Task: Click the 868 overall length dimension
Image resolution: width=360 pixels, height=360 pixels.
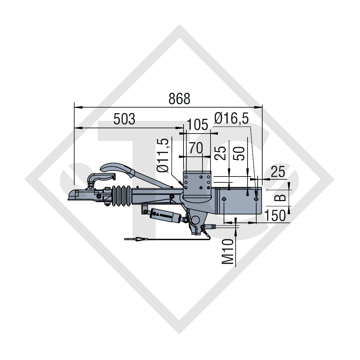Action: (x=179, y=99)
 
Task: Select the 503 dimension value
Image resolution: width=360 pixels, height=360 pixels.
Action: (x=124, y=119)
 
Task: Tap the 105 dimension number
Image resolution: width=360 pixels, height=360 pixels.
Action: (x=198, y=125)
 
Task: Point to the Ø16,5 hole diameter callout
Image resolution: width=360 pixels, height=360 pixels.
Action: (x=231, y=119)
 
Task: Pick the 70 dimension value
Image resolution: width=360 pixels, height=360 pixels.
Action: (x=195, y=148)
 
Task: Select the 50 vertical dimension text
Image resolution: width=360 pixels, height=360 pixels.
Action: (x=239, y=154)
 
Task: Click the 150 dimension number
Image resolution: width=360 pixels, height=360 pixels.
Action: (x=275, y=216)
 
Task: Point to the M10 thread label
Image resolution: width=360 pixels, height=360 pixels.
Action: (x=228, y=251)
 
